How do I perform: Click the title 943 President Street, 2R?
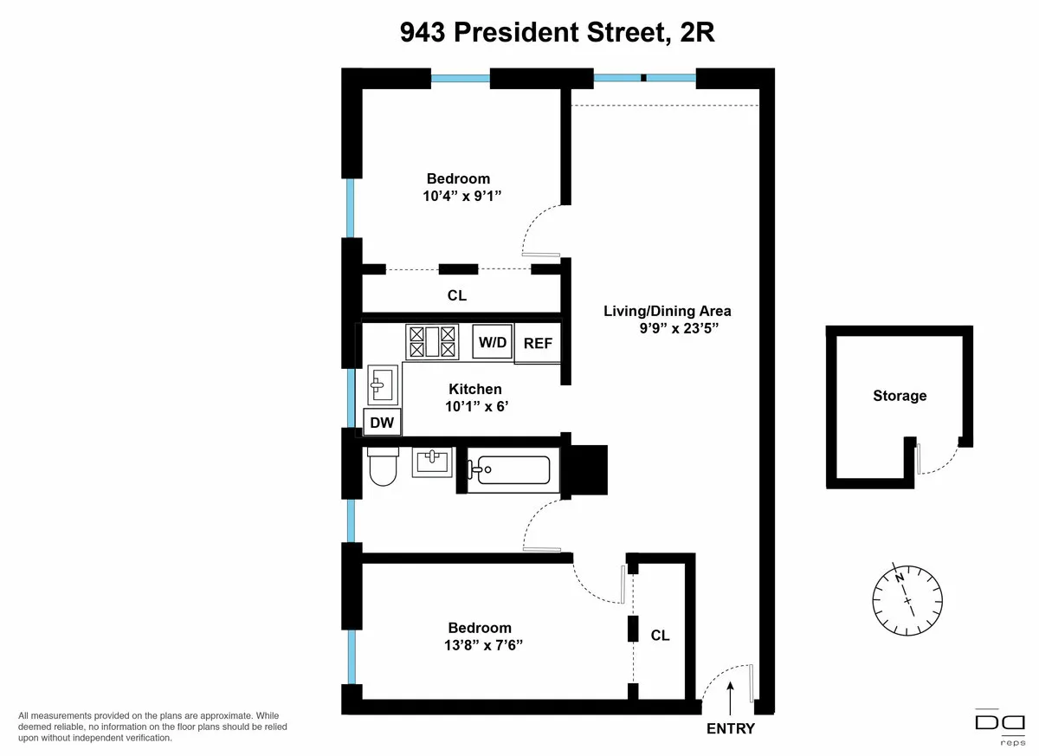pyautogui.click(x=557, y=33)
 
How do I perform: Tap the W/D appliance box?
pyautogui.click(x=493, y=342)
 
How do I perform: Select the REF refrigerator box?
pyautogui.click(x=537, y=344)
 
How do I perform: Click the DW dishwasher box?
pyautogui.click(x=382, y=423)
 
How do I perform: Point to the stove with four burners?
pyautogui.click(x=432, y=341)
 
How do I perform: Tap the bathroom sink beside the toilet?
pyautogui.click(x=432, y=462)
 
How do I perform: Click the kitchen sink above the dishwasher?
pyautogui.click(x=383, y=384)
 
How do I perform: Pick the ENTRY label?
pyautogui.click(x=731, y=728)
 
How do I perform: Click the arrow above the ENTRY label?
pyautogui.click(x=732, y=695)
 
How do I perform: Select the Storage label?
pyautogui.click(x=900, y=396)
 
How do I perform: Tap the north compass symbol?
pyautogui.click(x=907, y=597)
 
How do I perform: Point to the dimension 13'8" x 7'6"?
pyautogui.click(x=479, y=645)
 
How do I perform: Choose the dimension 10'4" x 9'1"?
pyautogui.click(x=457, y=197)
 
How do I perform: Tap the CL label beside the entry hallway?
pyautogui.click(x=660, y=635)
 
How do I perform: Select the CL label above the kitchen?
pyautogui.click(x=456, y=295)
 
